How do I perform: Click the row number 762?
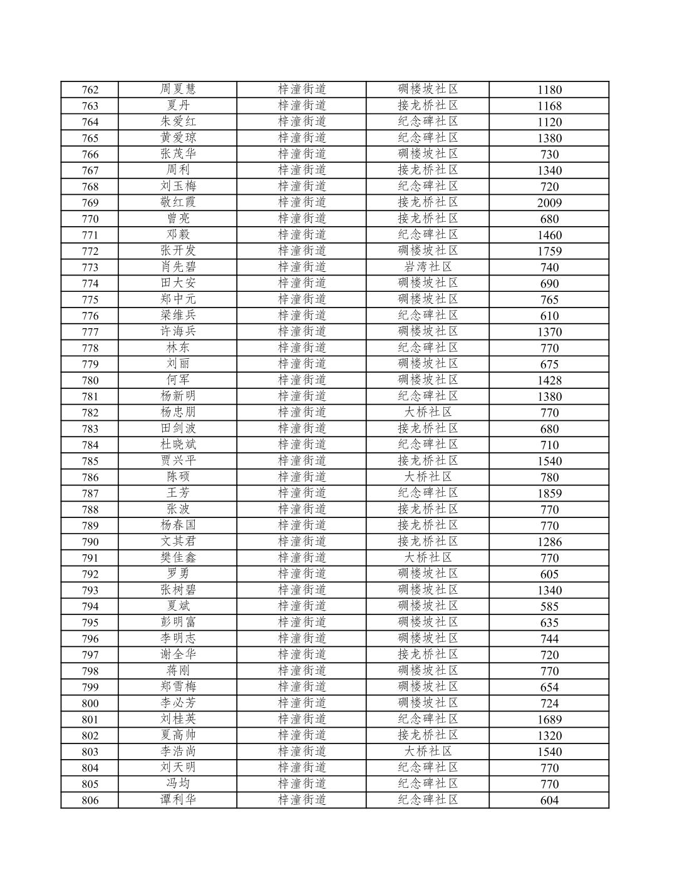click(x=90, y=90)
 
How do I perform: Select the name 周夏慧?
click(x=178, y=89)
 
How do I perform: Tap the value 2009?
click(x=549, y=203)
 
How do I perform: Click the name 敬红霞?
click(x=178, y=202)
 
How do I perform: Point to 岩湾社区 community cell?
click(x=428, y=267)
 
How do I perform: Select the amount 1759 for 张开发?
click(x=549, y=251)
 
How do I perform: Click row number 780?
click(x=90, y=380)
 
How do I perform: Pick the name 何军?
click(x=178, y=380)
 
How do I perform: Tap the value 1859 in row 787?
click(x=549, y=494)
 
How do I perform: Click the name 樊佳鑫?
click(x=178, y=557)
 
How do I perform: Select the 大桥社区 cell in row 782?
click(x=428, y=412)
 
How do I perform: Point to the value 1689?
click(x=549, y=720)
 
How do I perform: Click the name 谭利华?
click(x=178, y=800)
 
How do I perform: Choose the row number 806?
click(x=90, y=800)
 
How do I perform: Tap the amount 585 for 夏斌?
click(x=549, y=606)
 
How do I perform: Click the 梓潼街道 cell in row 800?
click(x=302, y=703)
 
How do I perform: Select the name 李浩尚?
click(x=178, y=751)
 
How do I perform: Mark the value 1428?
click(x=549, y=380)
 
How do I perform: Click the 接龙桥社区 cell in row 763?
click(x=428, y=105)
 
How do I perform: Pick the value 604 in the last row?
click(x=549, y=800)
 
